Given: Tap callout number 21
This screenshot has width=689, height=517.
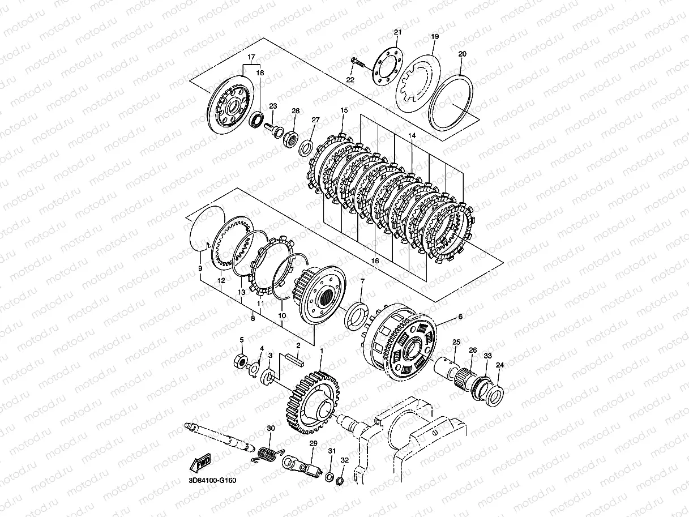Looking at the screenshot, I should [397, 32].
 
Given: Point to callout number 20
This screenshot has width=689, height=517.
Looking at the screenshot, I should [462, 54].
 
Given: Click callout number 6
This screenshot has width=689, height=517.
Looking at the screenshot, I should [460, 317].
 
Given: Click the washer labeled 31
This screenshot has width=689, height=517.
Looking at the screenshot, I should [329, 474].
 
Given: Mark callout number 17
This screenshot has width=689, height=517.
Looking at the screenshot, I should [251, 57].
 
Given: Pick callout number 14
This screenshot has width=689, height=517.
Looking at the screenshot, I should [412, 136].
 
